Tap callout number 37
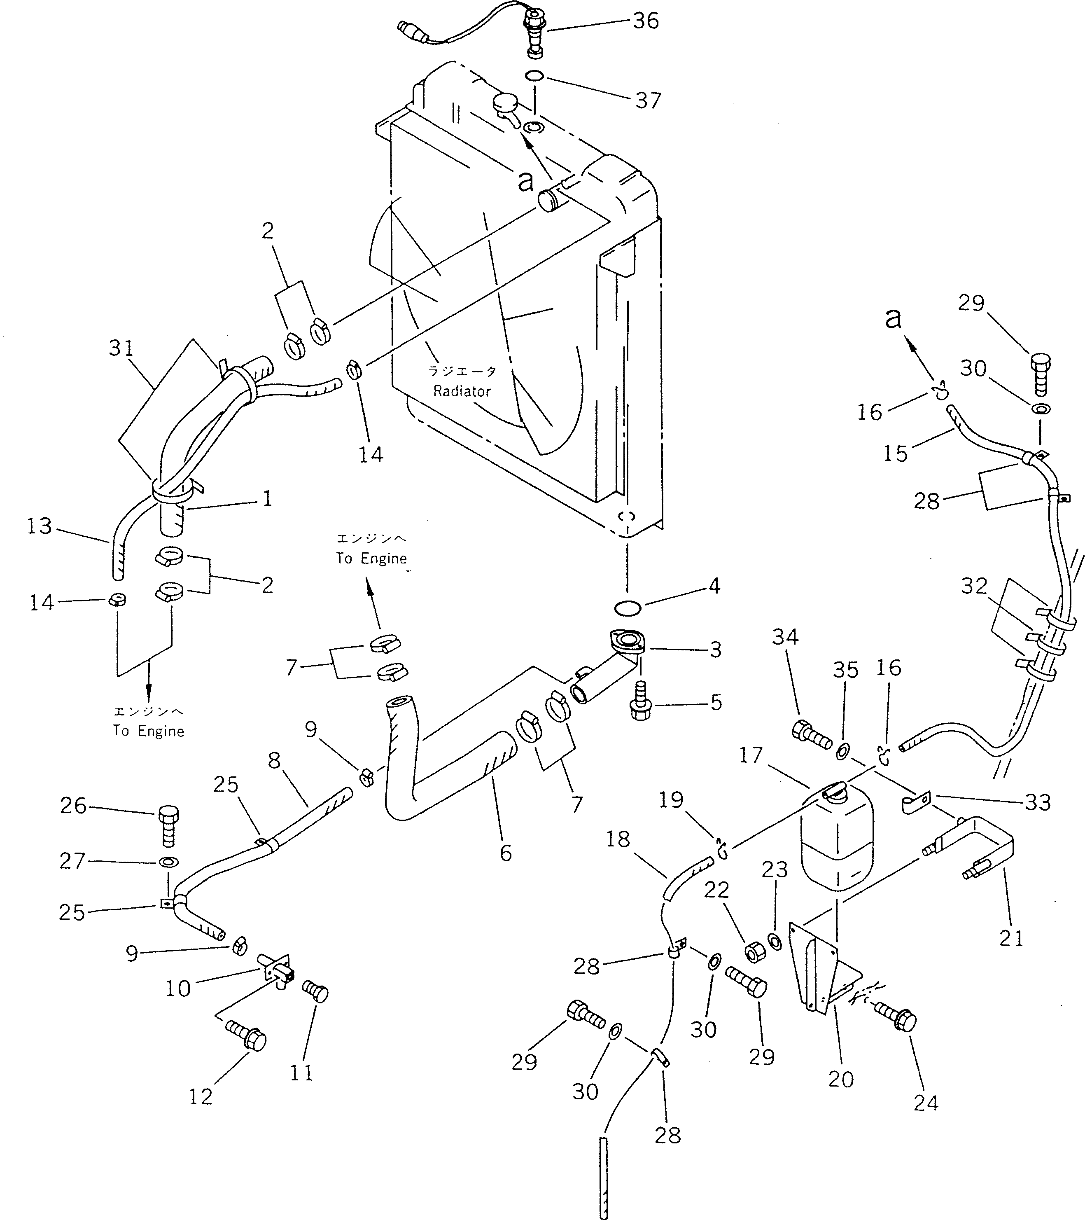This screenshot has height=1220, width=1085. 648,100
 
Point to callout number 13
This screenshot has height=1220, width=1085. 40,526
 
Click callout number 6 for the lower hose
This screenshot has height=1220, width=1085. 506,853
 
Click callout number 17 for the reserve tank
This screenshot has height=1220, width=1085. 751,755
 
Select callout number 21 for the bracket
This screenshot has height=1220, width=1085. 1011,938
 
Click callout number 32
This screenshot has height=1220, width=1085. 974,586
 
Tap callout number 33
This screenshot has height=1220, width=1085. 1037,802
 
